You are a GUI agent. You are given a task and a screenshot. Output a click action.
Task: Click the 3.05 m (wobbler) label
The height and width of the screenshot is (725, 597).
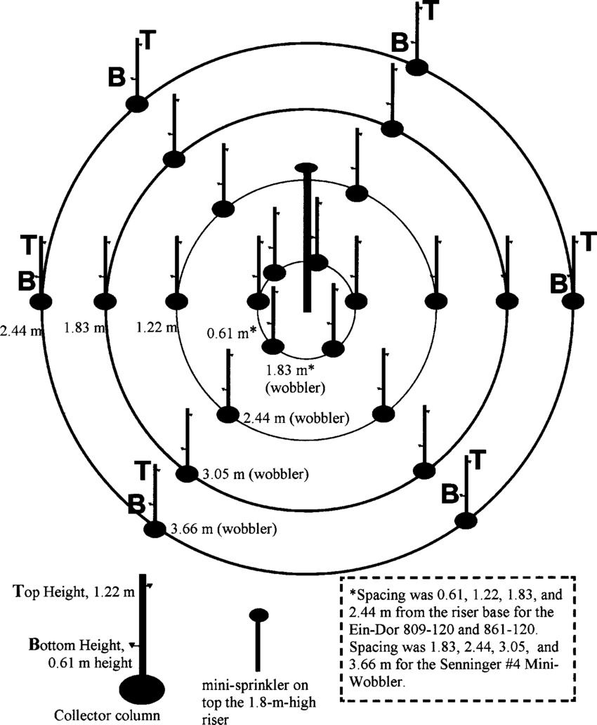[x=254, y=473]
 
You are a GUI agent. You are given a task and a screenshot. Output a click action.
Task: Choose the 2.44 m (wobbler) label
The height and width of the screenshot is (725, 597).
[x=296, y=418]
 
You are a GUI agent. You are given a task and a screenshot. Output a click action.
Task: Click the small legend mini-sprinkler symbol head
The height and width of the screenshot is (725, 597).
[x=259, y=615]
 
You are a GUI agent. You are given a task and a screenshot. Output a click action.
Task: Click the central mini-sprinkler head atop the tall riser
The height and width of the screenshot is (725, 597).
[x=306, y=167]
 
